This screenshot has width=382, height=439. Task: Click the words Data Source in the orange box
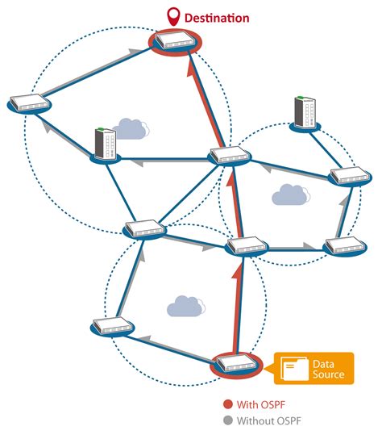328,369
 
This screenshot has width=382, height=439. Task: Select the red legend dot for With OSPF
228,404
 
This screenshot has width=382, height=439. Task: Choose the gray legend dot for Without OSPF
228,420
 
